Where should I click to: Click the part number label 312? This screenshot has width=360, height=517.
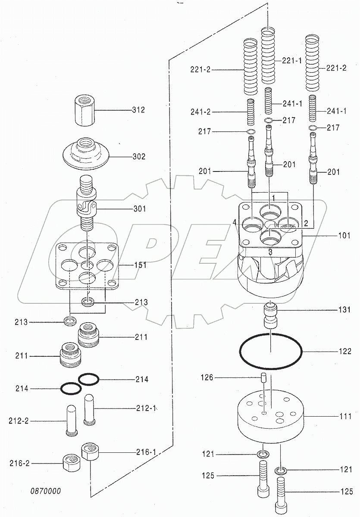(x=138, y=110)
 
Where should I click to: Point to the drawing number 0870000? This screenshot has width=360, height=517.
(x=45, y=491)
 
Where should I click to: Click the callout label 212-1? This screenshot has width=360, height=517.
(x=145, y=408)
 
